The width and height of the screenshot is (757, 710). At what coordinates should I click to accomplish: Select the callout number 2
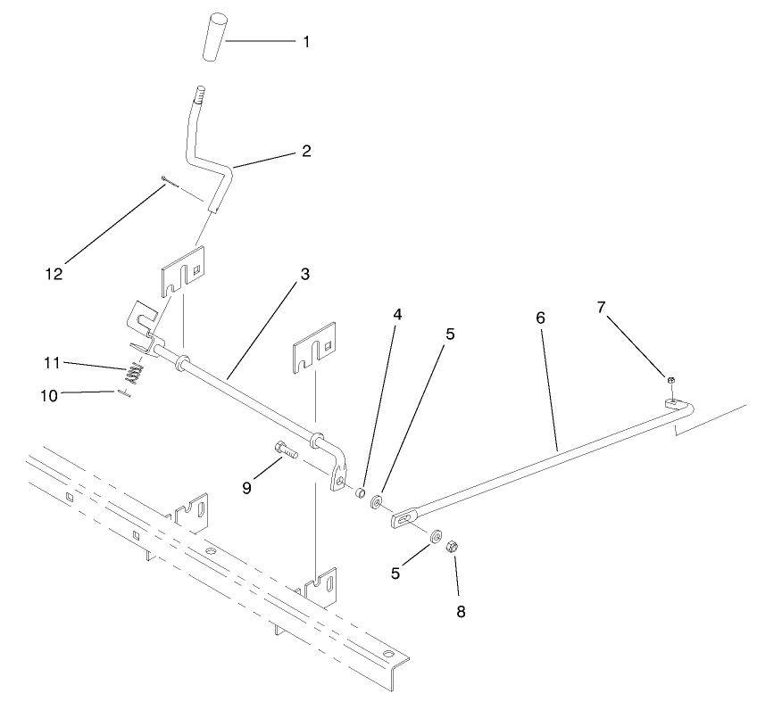pos(305,151)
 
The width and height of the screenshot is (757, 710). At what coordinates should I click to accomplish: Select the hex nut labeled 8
pos(452,545)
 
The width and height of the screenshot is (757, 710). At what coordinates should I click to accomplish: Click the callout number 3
pos(304,274)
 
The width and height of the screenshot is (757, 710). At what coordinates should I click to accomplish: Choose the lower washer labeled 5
pos(435,535)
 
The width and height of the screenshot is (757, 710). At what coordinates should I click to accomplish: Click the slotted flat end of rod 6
pos(405,518)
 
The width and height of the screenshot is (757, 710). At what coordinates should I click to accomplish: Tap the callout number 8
pos(461,612)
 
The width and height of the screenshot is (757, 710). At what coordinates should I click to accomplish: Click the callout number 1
pos(306,41)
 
